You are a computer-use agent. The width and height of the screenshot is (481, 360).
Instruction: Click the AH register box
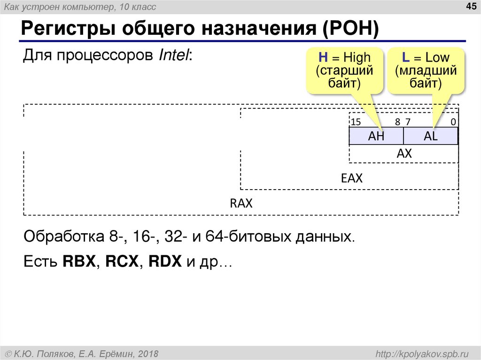click(x=376, y=136)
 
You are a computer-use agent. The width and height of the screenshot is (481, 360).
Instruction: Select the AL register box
click(x=431, y=136)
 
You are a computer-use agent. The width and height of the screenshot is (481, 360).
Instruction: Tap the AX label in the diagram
click(x=404, y=153)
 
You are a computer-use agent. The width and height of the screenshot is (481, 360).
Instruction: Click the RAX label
click(x=241, y=204)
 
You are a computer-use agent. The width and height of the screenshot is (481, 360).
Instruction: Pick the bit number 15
click(x=356, y=122)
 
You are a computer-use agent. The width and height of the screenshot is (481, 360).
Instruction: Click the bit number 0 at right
click(x=453, y=122)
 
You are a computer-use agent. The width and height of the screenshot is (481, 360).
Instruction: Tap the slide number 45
click(x=470, y=6)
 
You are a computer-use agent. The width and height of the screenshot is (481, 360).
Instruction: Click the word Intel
click(x=174, y=56)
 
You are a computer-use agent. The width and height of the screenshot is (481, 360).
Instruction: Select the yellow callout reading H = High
click(x=344, y=70)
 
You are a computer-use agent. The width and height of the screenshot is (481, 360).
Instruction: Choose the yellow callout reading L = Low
click(x=426, y=70)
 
